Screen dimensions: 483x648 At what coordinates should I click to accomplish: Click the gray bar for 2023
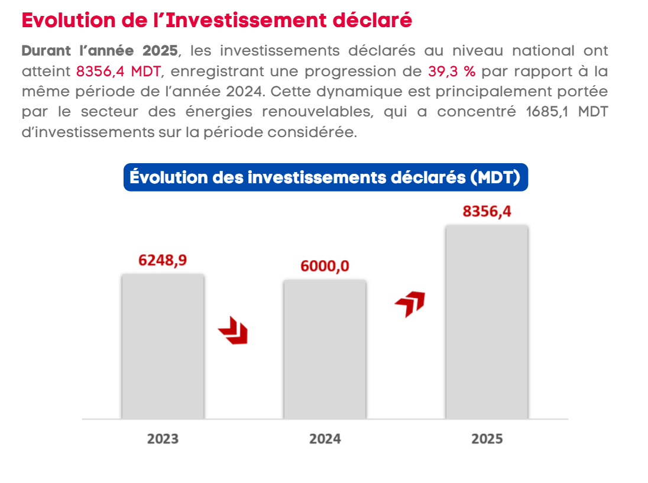pyautogui.click(x=163, y=346)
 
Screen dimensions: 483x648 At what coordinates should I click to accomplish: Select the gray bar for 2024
pyautogui.click(x=325, y=349)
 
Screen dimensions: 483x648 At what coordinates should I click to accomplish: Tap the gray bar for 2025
pyautogui.click(x=487, y=322)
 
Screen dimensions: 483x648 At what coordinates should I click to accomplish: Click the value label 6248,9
pyautogui.click(x=163, y=260)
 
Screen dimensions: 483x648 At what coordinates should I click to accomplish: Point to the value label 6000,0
pyautogui.click(x=325, y=266)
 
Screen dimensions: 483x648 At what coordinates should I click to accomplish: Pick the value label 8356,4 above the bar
pyautogui.click(x=487, y=211)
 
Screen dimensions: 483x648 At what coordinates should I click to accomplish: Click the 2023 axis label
pyautogui.click(x=163, y=439)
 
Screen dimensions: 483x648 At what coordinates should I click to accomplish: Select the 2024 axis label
pyautogui.click(x=325, y=439)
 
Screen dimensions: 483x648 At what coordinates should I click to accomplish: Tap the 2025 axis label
pyautogui.click(x=487, y=439)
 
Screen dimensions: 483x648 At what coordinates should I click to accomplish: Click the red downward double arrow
pyautogui.click(x=234, y=330)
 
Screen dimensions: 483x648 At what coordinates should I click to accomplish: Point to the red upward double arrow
pyautogui.click(x=410, y=303)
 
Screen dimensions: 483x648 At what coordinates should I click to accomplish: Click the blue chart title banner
pyautogui.click(x=325, y=177)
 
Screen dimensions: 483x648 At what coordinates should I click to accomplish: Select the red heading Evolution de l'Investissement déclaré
pyautogui.click(x=216, y=20)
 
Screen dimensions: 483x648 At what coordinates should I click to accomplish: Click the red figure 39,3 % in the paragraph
pyautogui.click(x=452, y=72)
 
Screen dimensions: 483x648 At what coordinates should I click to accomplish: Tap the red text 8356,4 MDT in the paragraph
pyautogui.click(x=118, y=72)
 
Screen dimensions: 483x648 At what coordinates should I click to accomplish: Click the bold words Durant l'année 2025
pyautogui.click(x=99, y=51)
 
